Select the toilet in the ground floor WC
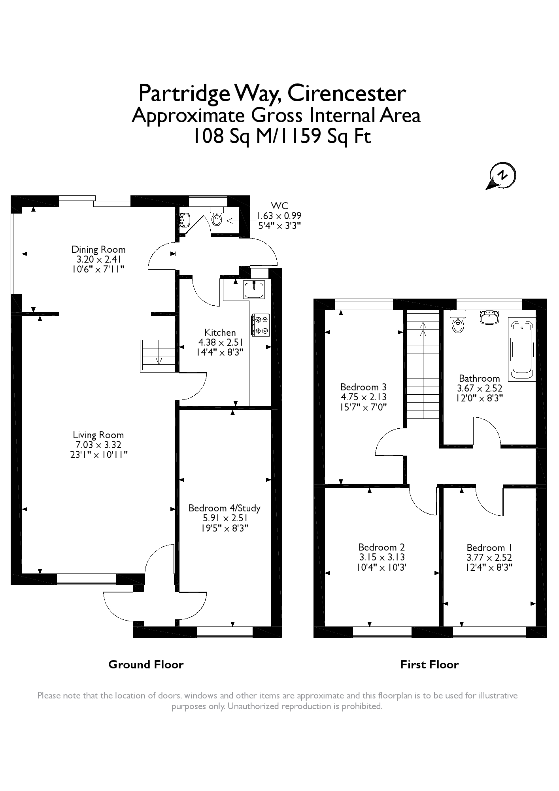(217, 216)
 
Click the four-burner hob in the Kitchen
(260, 325)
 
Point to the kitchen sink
(254, 290)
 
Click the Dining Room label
(98, 250)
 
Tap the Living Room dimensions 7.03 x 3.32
(98, 445)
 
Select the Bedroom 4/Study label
(224, 508)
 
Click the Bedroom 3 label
(363, 387)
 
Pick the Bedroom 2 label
(381, 547)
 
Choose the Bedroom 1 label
(489, 548)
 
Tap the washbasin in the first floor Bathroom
(489, 318)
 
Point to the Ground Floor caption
(146, 664)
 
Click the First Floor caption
(429, 664)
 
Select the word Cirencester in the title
(346, 94)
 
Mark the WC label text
(279, 206)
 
